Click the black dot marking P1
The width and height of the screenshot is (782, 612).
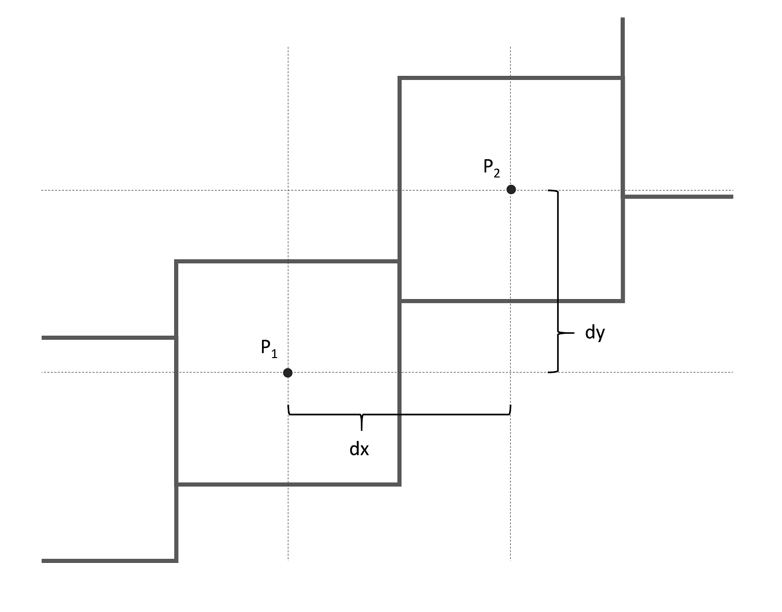click(288, 372)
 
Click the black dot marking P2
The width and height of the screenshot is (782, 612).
click(511, 189)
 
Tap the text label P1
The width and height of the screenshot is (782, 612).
click(269, 348)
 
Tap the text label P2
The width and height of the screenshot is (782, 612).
click(492, 168)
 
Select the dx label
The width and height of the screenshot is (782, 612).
click(359, 449)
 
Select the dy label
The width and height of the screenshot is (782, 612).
click(595, 332)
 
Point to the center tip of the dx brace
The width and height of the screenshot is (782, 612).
click(361, 429)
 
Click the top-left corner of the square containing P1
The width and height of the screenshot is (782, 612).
click(177, 261)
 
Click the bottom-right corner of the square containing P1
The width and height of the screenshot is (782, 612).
click(399, 484)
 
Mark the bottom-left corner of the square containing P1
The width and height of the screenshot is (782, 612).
click(177, 484)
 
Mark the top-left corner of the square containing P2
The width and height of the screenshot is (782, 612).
click(399, 78)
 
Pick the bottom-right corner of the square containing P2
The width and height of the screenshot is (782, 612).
click(623, 301)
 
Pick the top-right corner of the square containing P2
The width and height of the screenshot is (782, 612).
click(623, 78)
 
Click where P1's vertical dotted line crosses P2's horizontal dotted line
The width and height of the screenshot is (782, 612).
click(288, 190)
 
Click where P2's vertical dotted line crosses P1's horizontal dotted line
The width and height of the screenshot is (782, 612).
click(511, 372)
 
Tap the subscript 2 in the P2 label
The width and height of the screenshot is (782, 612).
click(497, 173)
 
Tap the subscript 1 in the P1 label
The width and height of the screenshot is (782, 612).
click(274, 354)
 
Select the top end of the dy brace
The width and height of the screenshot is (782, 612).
click(549, 191)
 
